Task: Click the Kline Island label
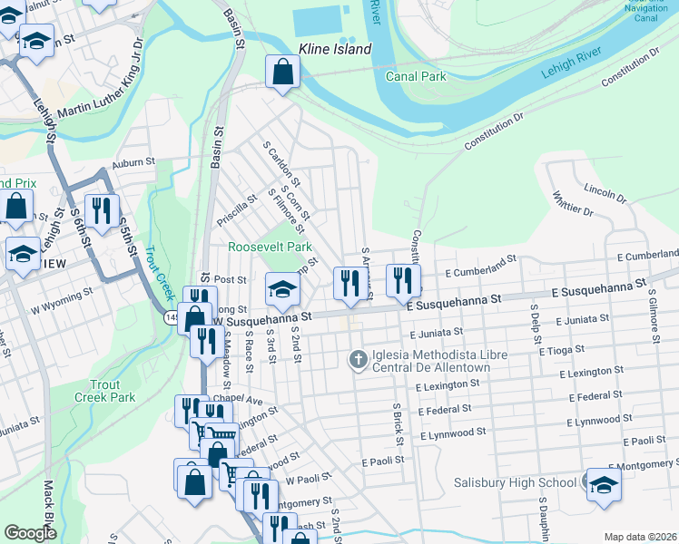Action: [x=336, y=49]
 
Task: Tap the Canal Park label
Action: [x=416, y=77]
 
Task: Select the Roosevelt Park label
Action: [x=270, y=247]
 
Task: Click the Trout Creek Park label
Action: [x=105, y=391]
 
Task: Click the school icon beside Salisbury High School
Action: [x=604, y=484]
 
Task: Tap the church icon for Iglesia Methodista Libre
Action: [x=359, y=360]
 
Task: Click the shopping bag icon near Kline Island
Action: [x=283, y=71]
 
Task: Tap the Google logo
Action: [x=30, y=533]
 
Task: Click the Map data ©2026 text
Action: [x=639, y=537]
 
